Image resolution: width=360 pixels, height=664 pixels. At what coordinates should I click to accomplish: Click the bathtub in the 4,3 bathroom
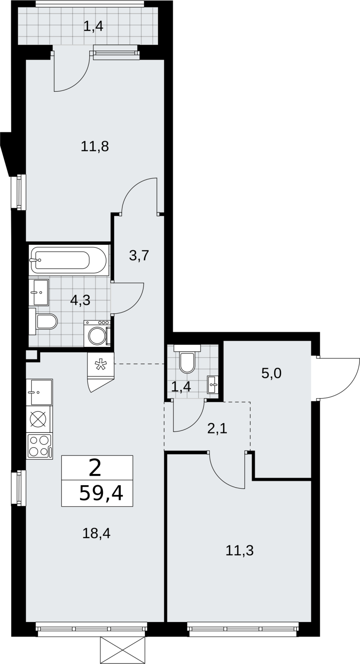pos(68,260)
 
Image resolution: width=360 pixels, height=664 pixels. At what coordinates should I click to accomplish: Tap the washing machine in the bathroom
pos(97,333)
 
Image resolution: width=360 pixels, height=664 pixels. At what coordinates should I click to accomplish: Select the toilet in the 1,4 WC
pos(187,359)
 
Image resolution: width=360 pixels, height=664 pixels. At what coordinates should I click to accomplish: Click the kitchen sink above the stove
pos(39,392)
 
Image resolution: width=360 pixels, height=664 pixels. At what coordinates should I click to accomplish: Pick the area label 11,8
pos(95,146)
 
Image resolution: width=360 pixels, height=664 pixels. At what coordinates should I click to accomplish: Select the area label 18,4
pos(96,533)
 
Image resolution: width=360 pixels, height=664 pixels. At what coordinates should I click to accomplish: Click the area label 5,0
pos(271,373)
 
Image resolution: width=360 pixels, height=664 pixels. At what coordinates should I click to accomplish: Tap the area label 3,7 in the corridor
pos(139,255)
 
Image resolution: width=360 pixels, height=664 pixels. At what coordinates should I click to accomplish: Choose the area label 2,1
pos(217,429)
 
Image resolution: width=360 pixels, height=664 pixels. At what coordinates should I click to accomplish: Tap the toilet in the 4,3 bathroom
pos(43,321)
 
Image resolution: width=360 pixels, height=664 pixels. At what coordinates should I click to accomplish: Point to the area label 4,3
pos(80,300)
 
